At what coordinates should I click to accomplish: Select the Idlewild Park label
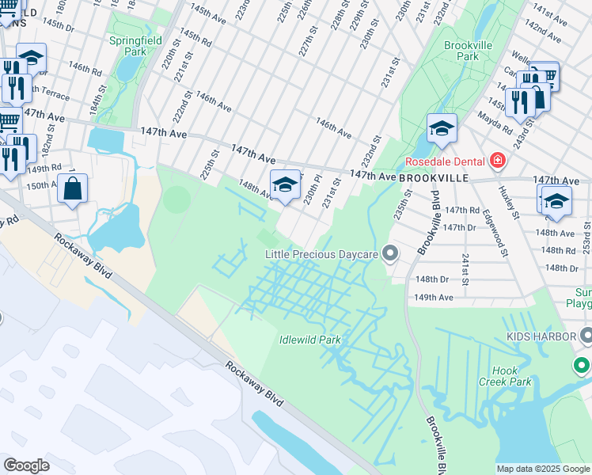(x=309, y=340)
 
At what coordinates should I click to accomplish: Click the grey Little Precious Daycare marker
(x=389, y=254)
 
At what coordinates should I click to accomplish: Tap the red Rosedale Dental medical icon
(x=497, y=162)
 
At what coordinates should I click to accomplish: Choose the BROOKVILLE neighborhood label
(x=435, y=179)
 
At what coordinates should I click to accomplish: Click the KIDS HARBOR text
(x=539, y=336)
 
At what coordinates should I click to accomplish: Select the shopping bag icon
(x=72, y=189)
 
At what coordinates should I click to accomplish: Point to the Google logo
(x=27, y=465)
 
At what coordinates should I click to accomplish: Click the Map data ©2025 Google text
(x=543, y=469)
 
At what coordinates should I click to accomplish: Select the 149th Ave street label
(x=435, y=298)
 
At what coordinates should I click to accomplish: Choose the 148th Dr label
(x=433, y=279)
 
